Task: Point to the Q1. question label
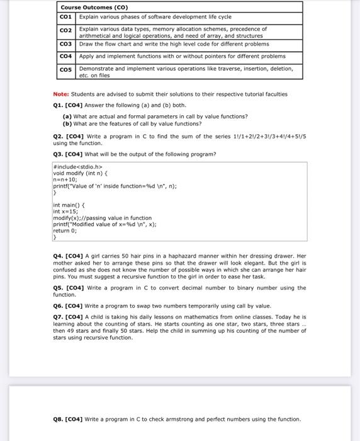[x=60, y=105]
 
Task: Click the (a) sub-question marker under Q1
[x=67, y=117]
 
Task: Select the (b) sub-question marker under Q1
[x=67, y=123]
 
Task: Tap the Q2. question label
[x=60, y=137]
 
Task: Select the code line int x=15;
[x=65, y=211]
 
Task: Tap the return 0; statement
[x=65, y=231]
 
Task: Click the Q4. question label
[x=60, y=256]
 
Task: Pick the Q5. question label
[x=60, y=288]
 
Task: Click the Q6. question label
[x=60, y=304]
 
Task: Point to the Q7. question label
[x=60, y=317]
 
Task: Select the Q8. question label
[x=60, y=419]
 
